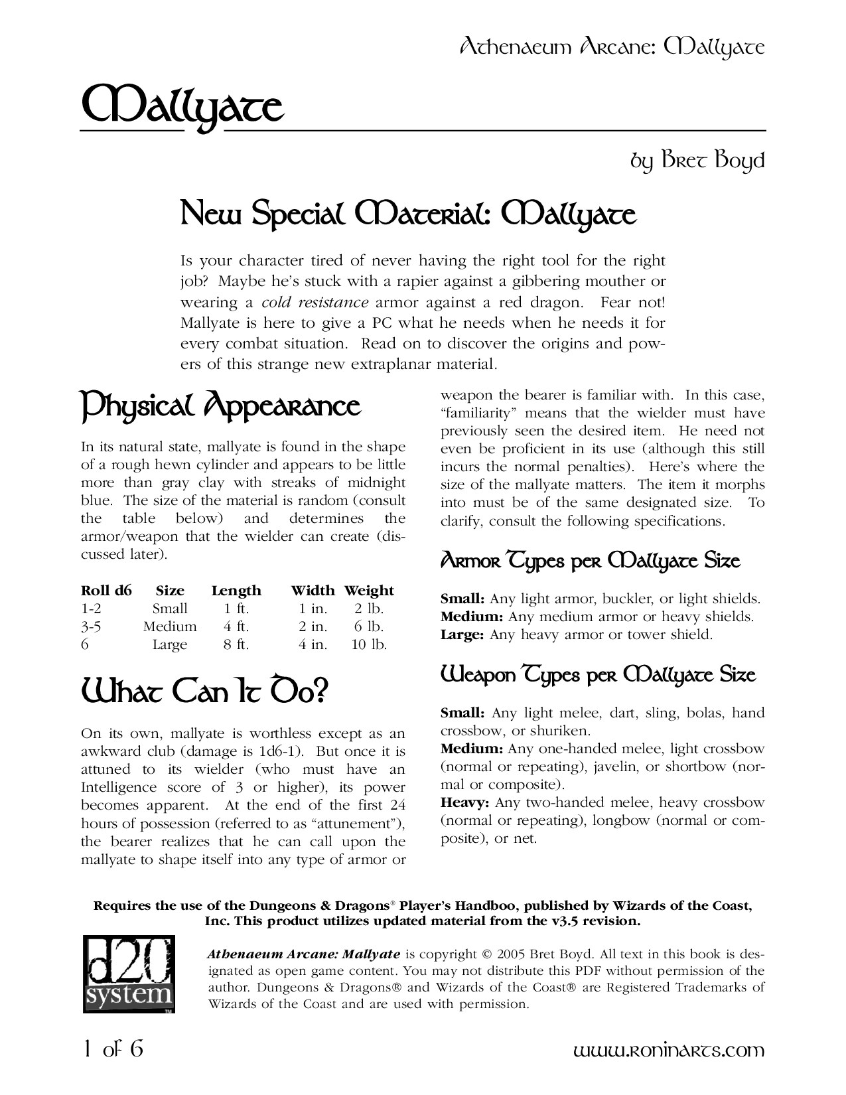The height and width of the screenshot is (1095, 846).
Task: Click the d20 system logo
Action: [129, 974]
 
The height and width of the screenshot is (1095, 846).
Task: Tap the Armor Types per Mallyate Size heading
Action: [590, 561]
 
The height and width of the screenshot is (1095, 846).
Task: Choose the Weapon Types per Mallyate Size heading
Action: [598, 676]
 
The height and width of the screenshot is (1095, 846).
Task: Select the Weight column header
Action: [369, 591]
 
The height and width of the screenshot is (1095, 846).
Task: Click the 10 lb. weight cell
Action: [369, 644]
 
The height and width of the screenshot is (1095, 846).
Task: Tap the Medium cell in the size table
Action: [170, 626]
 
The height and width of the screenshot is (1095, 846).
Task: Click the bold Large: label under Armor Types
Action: [463, 635]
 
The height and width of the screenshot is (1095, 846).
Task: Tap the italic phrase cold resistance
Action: [315, 303]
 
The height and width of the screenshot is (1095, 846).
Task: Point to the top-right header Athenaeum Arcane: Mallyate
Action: [612, 48]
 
